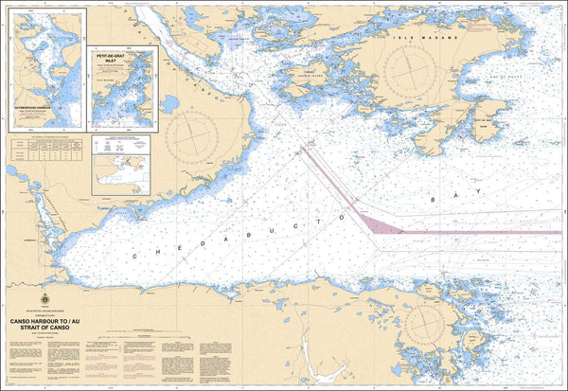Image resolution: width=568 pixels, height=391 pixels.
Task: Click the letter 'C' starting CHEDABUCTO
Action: [x=135, y=258]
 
